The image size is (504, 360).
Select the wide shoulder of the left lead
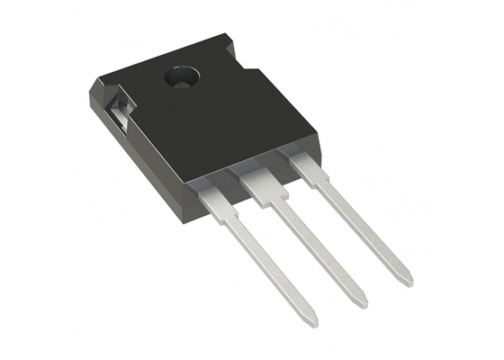210,193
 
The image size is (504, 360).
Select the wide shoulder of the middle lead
258,180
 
